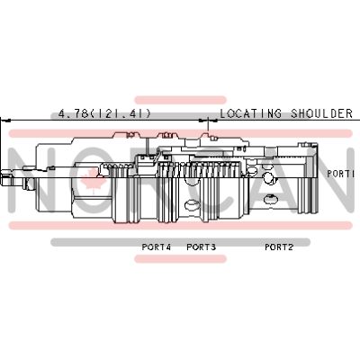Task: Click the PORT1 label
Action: [341, 174]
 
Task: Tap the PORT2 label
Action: [279, 247]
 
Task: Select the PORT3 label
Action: [202, 247]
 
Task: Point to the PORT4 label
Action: [157, 247]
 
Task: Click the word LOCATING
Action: [251, 113]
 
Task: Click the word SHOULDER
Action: [321, 113]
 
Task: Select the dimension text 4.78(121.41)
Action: [104, 113]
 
